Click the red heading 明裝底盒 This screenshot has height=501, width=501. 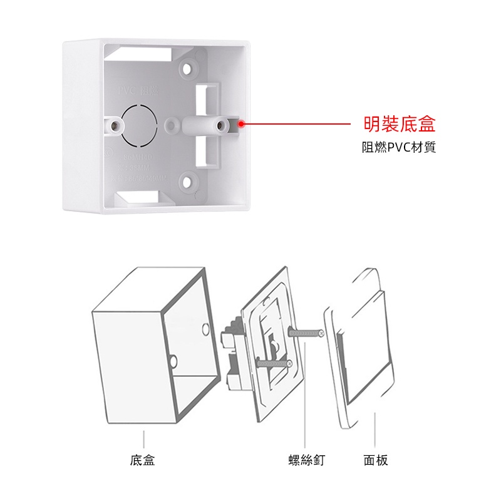pos(400,124)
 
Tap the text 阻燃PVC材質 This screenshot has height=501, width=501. pos(400,148)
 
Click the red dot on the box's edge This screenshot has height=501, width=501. pos(241,124)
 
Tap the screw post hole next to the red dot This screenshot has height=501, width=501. pos(220,125)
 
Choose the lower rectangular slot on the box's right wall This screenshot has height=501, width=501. pos(205,150)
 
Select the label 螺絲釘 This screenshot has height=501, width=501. pos(305,460)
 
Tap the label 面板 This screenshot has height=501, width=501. pos(376,460)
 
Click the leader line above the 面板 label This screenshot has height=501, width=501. pos(374,429)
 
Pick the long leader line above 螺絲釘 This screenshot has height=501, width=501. pos(304,401)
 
